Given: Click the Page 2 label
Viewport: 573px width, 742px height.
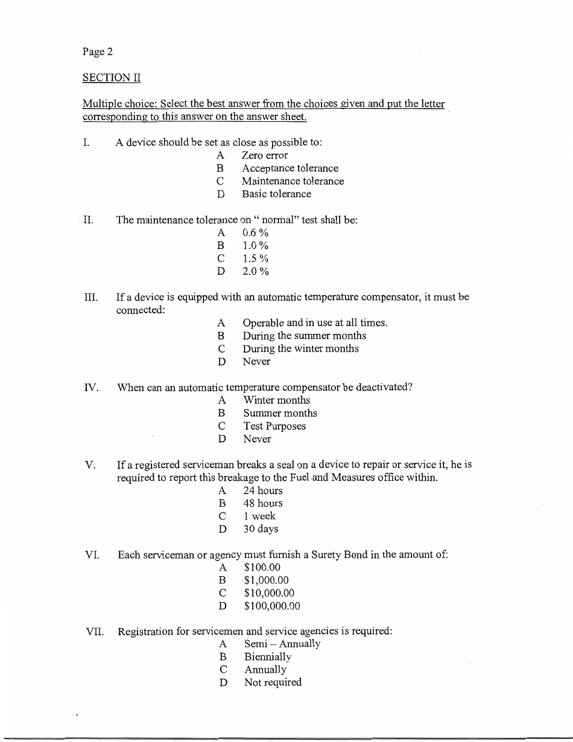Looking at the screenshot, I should click(x=98, y=52).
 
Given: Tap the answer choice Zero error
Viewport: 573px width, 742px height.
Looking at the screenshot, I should click(x=265, y=156).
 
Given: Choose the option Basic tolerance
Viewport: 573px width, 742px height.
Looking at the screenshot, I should click(x=277, y=194).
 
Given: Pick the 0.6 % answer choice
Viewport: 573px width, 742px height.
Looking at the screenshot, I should click(x=255, y=233).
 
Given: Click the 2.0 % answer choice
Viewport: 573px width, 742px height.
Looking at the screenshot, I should click(x=255, y=271).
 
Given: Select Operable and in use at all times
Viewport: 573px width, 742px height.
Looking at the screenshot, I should click(x=315, y=323).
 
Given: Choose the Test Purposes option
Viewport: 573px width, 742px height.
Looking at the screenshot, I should click(x=274, y=426).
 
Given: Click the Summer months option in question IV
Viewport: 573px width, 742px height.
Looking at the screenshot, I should click(x=280, y=413).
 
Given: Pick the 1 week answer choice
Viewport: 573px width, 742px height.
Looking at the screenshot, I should click(x=259, y=516).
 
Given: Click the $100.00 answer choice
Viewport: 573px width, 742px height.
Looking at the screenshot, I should click(x=262, y=568).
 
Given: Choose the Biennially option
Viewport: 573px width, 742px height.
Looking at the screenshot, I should click(x=268, y=657).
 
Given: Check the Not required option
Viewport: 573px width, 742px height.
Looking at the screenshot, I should click(x=273, y=683).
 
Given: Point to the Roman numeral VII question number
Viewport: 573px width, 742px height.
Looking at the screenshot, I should click(x=94, y=632).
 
